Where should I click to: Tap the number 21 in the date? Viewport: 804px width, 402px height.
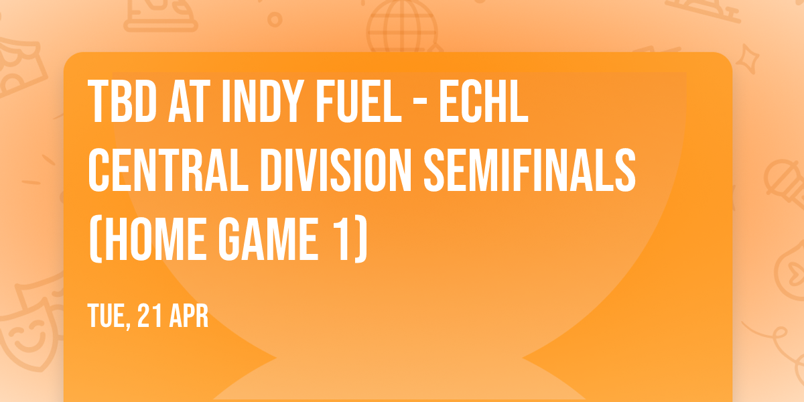pyautogui.click(x=149, y=316)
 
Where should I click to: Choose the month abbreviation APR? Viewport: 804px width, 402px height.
pyautogui.click(x=188, y=316)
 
